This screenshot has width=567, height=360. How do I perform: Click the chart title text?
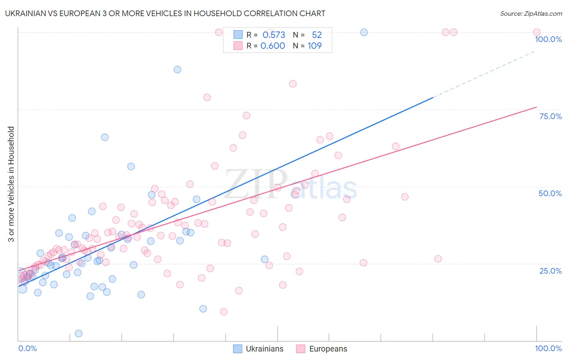coord(165,13)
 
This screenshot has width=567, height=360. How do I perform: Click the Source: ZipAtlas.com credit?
coord(531,13)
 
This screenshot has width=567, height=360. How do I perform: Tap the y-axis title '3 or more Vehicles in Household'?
coord(11,184)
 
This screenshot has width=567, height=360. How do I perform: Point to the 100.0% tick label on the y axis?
coord(548,39)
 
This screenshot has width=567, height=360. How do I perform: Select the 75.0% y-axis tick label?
coord(550,116)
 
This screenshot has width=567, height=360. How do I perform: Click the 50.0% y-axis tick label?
coord(550,193)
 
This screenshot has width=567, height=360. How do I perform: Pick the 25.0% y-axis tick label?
coord(550,270)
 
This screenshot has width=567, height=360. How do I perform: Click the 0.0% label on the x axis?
coord(27,348)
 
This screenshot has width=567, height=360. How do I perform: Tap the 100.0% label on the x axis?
coord(548,348)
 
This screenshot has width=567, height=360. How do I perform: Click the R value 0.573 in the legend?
coord(274,35)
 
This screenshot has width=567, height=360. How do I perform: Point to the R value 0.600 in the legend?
coord(273,46)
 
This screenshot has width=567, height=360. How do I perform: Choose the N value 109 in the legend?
coord(315,46)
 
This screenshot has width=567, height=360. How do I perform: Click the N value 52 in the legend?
coord(317,35)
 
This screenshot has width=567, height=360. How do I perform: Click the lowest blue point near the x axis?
coord(79,333)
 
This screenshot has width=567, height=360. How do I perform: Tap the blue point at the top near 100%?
coord(364,32)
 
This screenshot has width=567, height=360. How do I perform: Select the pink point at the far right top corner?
coord(536,32)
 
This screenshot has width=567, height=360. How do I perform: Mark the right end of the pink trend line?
coord(536,107)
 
